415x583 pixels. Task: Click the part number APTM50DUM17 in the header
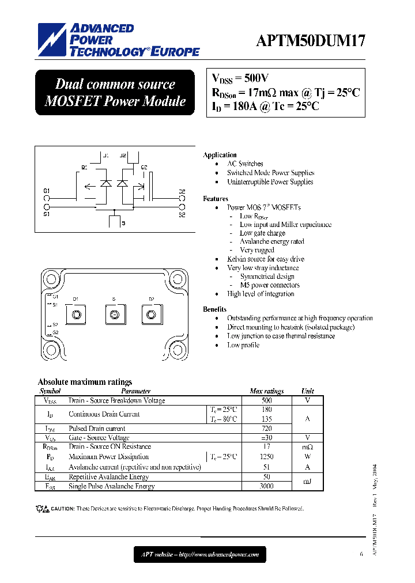tap(310, 41)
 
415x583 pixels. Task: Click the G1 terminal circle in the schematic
tap(47, 197)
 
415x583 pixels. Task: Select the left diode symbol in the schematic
tap(105, 183)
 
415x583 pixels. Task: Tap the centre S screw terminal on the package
tap(114, 315)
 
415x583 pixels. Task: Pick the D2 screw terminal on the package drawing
tap(152, 315)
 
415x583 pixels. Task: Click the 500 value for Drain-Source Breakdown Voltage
tap(266, 400)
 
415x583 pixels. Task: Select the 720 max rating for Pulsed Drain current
tap(266, 429)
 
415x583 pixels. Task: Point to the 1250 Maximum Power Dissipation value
tap(266, 457)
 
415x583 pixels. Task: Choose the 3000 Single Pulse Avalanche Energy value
tap(266, 486)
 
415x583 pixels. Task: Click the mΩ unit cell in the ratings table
tap(307, 447)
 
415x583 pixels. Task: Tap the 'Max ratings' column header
tap(266, 391)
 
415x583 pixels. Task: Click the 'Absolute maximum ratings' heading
tap(85, 382)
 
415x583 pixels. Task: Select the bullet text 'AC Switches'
tap(245, 164)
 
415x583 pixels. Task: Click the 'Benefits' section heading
tap(214, 309)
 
